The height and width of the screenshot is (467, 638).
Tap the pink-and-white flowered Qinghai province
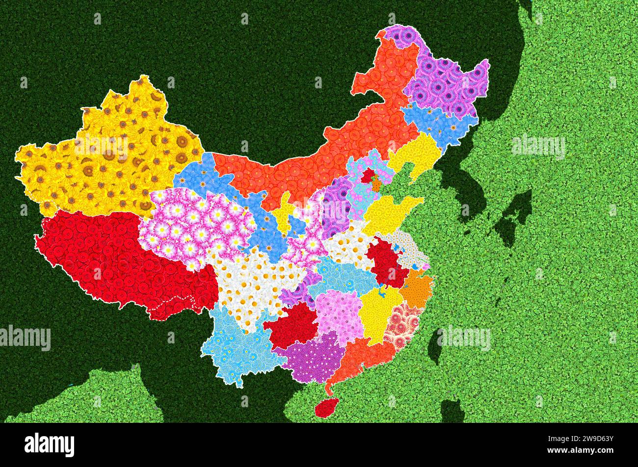196,226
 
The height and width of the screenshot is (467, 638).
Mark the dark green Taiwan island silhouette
435,346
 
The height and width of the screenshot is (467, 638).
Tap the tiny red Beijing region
368,176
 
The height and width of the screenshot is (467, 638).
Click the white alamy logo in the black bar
49,444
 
